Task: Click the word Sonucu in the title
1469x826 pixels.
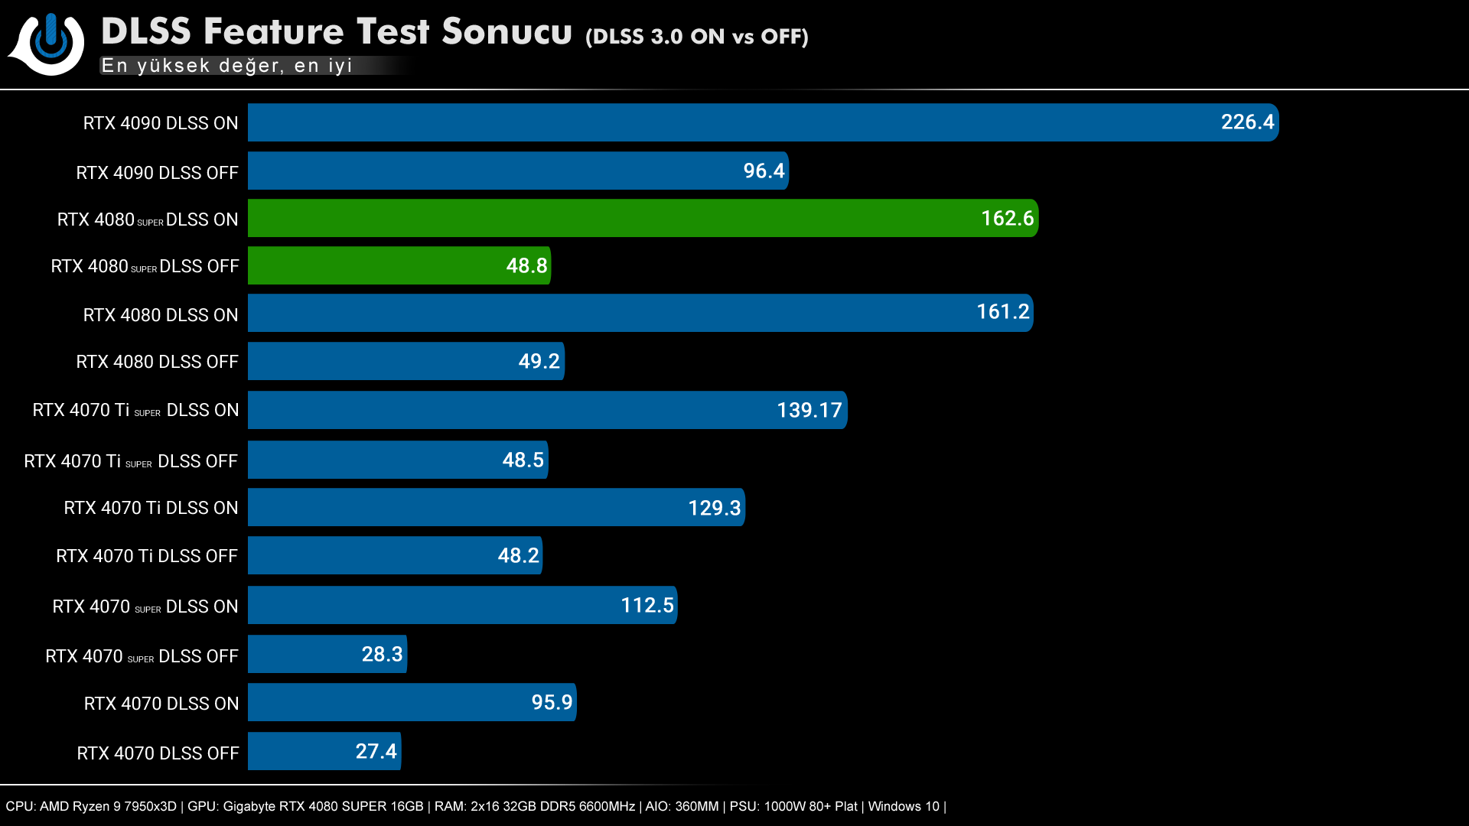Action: tap(506, 32)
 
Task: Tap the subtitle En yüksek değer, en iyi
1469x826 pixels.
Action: tap(226, 66)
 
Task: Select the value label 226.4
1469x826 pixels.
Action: tap(1247, 122)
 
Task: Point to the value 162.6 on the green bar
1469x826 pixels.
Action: tap(1007, 219)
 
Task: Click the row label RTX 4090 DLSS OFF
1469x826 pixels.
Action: tap(157, 173)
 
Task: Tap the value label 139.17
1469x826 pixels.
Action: tap(809, 411)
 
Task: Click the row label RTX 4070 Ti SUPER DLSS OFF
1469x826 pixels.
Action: tap(131, 461)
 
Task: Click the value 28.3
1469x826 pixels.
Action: tap(382, 655)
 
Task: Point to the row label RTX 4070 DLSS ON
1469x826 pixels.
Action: tap(161, 704)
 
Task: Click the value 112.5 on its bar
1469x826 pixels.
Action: tap(647, 606)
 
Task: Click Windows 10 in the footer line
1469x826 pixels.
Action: tap(903, 806)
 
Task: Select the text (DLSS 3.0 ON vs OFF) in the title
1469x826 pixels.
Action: tap(696, 37)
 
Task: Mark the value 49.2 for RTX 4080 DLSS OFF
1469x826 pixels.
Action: tap(539, 362)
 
